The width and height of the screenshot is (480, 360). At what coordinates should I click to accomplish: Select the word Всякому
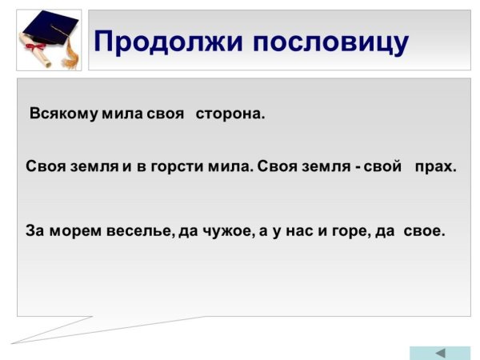coord(64,114)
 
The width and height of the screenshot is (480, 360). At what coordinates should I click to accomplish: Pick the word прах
coord(435,168)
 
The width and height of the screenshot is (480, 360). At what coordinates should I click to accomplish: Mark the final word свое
coord(425,231)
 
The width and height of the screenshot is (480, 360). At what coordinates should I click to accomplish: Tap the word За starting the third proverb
coord(35,231)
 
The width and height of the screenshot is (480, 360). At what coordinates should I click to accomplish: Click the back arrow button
coord(440,353)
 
